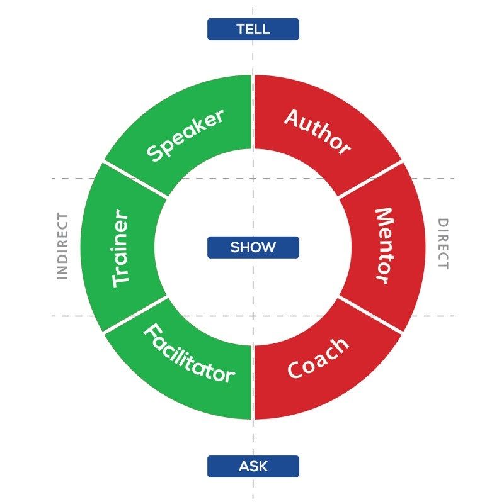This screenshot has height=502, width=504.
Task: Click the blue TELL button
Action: pos(253,29)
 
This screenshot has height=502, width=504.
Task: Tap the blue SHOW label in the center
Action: pos(253,247)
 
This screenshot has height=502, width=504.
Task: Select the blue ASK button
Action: pos(253,466)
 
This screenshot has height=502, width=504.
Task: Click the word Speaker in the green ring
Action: pos(185,135)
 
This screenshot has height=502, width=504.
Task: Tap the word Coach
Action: pos(318,359)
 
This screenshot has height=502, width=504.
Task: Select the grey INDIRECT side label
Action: pos(62,246)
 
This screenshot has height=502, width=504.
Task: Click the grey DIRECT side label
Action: pos(443,244)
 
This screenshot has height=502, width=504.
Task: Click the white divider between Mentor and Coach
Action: pos(370,315)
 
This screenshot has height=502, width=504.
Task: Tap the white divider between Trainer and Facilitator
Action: pos(135,315)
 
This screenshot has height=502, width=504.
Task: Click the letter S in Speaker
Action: pos(154,152)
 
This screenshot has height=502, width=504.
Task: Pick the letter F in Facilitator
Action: pos(152,333)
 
